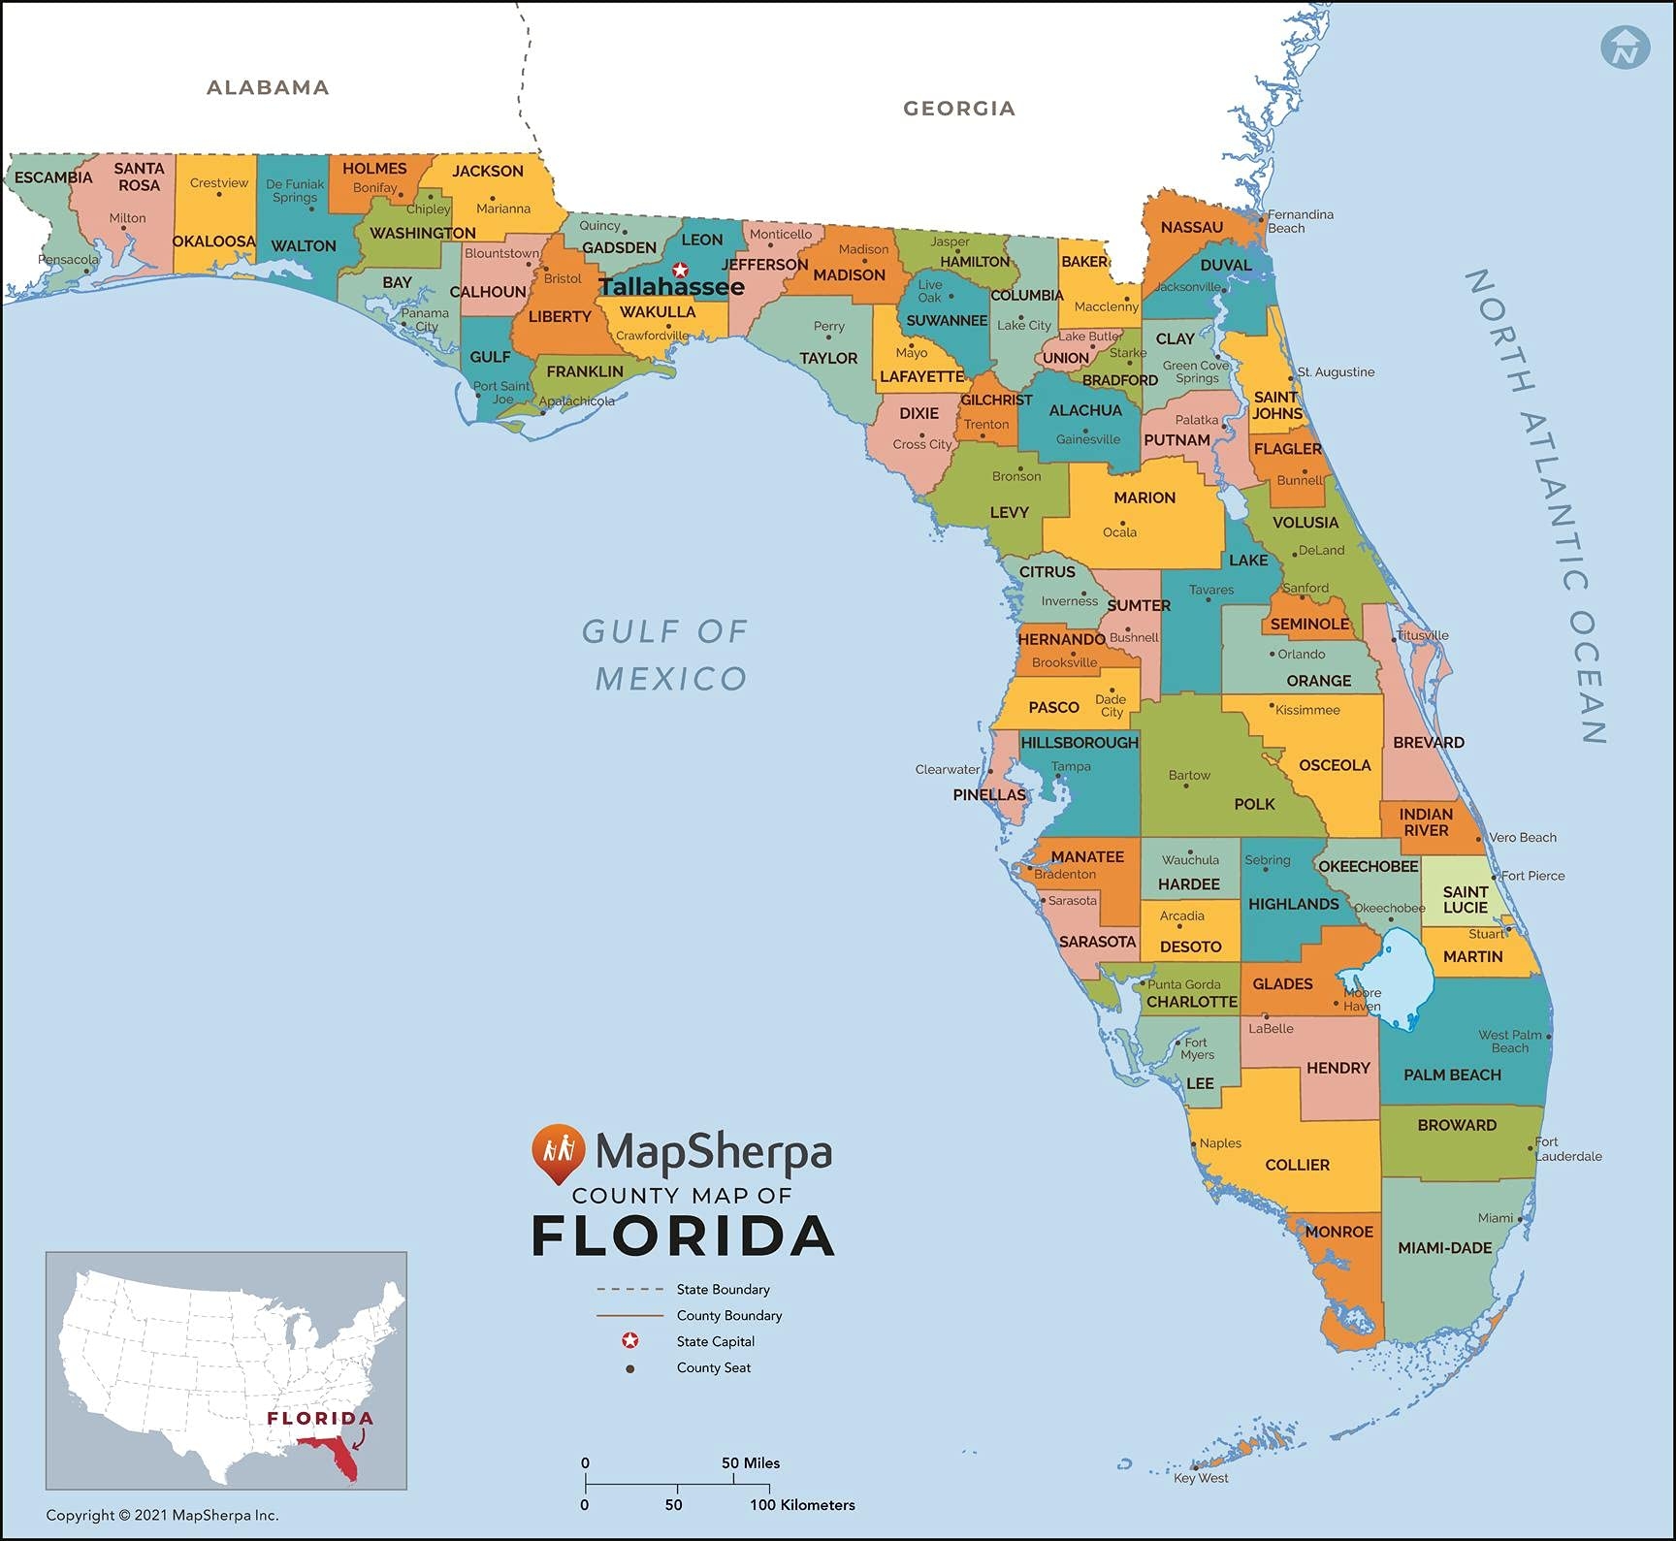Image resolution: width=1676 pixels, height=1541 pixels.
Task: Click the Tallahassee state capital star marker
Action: [x=680, y=270]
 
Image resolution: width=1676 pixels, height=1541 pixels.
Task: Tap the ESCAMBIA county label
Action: [x=53, y=177]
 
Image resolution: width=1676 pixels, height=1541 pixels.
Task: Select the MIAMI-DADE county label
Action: [x=1444, y=1248]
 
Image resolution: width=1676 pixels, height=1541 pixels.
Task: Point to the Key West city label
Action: [x=1201, y=1478]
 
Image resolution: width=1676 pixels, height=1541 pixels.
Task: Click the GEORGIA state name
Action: [x=959, y=109]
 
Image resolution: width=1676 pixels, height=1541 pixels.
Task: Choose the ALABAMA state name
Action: [x=268, y=87]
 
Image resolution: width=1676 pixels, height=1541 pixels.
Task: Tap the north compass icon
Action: [x=1625, y=47]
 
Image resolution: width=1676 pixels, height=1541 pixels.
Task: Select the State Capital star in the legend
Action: [x=630, y=1341]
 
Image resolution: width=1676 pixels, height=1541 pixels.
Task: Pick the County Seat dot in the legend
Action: [x=630, y=1368]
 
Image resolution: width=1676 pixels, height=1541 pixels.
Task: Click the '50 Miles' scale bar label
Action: [x=750, y=1462]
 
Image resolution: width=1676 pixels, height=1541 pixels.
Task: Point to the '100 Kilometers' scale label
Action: [x=802, y=1505]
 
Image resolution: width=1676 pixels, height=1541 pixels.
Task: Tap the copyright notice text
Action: [x=162, y=1515]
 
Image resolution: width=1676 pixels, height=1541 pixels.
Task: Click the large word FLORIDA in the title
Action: [x=683, y=1236]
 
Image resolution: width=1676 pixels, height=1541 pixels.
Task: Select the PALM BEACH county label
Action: [x=1452, y=1075]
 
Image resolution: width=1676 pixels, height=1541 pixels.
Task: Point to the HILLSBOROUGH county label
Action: [x=1080, y=742]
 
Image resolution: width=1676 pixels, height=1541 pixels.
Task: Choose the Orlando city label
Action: [x=1301, y=654]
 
